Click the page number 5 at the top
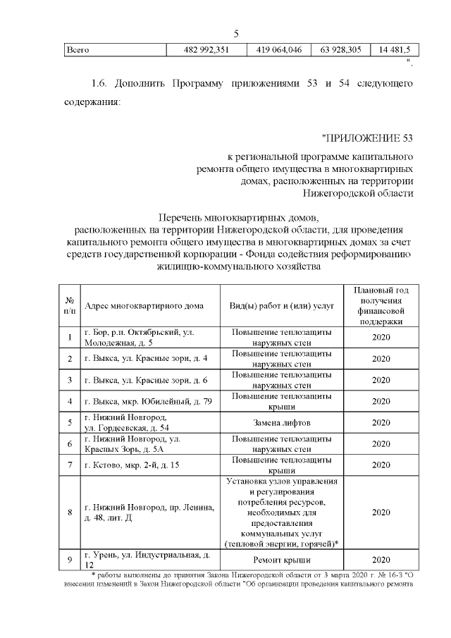[236, 33]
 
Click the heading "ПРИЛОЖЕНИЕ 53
[366, 136]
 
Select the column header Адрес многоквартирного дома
[144, 305]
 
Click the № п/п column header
[70, 305]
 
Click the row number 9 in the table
[70, 560]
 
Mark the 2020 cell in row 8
[381, 513]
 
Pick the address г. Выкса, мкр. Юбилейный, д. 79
[148, 401]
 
